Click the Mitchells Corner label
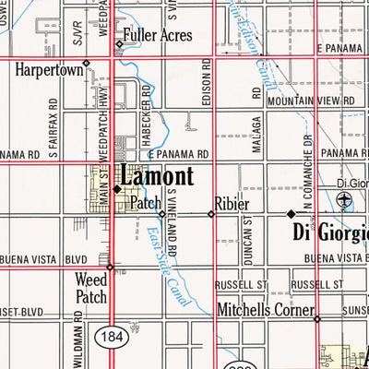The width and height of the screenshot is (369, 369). click(265, 311)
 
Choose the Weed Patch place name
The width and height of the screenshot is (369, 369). click(91, 287)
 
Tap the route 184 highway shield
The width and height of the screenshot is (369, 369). click(110, 333)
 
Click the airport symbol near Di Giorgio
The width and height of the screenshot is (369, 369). click(345, 201)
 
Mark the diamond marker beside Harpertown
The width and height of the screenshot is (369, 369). click(86, 65)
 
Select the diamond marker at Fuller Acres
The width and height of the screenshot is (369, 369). click(119, 43)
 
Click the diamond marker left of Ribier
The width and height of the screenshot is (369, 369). click(211, 214)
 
